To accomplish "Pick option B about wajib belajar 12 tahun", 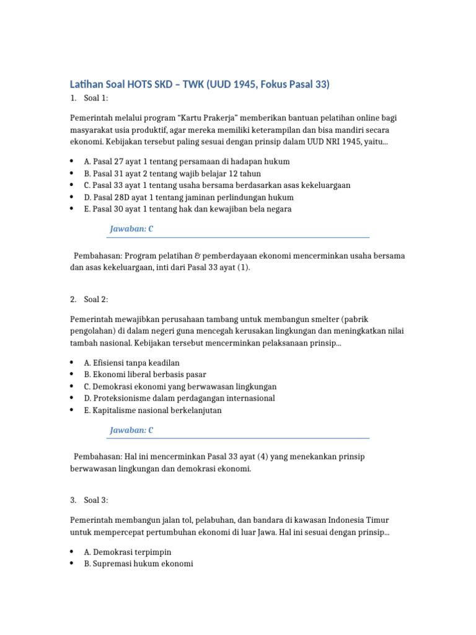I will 172,174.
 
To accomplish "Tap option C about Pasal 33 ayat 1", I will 217,185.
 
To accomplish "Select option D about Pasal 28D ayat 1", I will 188,197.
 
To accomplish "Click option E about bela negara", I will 188,209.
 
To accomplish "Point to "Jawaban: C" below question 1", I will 131,229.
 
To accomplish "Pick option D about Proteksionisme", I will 179,398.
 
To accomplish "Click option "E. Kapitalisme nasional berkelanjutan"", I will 152,410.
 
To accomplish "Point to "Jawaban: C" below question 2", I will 131,430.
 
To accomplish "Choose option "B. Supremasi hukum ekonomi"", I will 138,564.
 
